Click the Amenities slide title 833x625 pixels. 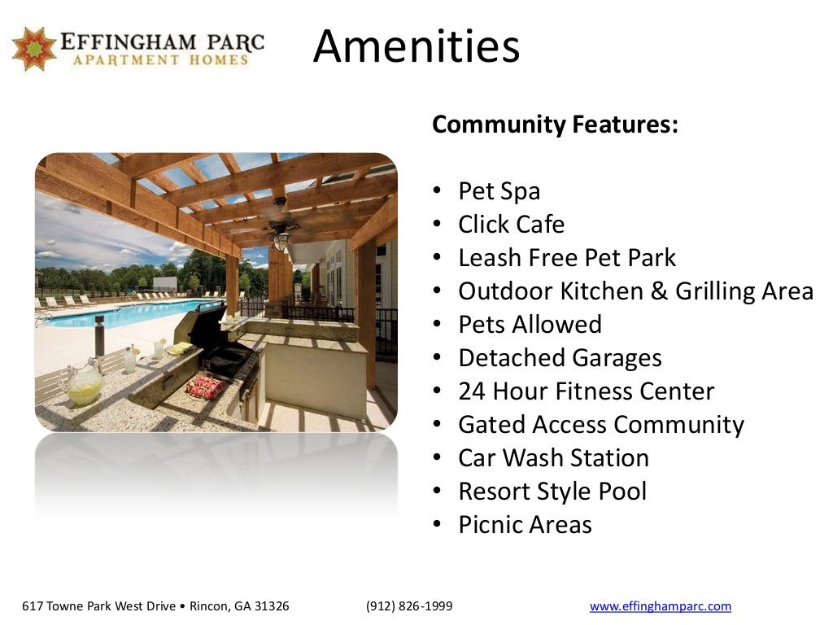point(416,46)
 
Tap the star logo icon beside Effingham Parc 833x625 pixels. point(34,49)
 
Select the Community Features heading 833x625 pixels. point(555,125)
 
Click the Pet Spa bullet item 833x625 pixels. point(499,191)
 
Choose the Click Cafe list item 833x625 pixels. point(511,225)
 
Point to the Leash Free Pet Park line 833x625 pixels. point(567,258)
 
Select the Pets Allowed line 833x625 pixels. point(530,325)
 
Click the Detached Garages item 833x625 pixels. point(560,358)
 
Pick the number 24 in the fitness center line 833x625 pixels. point(472,391)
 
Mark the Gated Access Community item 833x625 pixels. point(600,425)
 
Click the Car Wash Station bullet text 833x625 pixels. point(553,458)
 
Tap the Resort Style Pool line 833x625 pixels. point(552,492)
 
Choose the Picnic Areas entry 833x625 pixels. point(525,525)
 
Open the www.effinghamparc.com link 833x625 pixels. point(660,606)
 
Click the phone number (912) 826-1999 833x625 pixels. point(409,606)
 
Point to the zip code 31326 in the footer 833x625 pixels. point(272,606)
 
